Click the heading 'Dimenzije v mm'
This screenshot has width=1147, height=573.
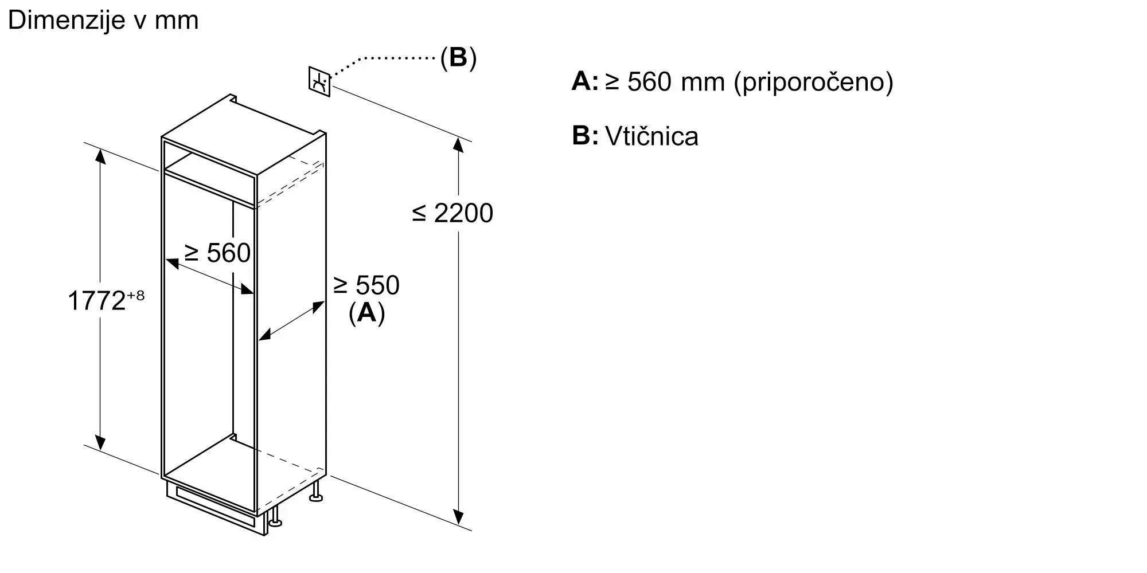point(103,21)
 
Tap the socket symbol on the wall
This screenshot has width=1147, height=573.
point(319,82)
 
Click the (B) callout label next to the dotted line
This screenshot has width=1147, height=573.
point(458,57)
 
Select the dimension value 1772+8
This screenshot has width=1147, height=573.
point(106,300)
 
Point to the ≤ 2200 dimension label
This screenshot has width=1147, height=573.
point(452,213)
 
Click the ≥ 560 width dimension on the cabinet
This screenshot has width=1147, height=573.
point(217,253)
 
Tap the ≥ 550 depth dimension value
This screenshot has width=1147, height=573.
point(366,285)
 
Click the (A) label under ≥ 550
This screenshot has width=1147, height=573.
point(366,313)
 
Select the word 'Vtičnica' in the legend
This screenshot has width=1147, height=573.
point(651,136)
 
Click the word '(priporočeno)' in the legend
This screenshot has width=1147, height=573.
point(814,82)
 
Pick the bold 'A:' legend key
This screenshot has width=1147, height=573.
point(584,81)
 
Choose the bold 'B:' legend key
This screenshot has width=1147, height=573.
point(585,136)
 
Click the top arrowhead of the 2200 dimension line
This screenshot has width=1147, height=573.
point(458,144)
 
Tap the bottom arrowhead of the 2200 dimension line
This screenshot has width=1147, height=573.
point(458,517)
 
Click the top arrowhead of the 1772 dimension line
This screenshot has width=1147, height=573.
point(100,156)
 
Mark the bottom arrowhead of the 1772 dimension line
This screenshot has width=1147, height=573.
point(100,442)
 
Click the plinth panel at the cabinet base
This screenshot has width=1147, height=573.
point(215,507)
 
